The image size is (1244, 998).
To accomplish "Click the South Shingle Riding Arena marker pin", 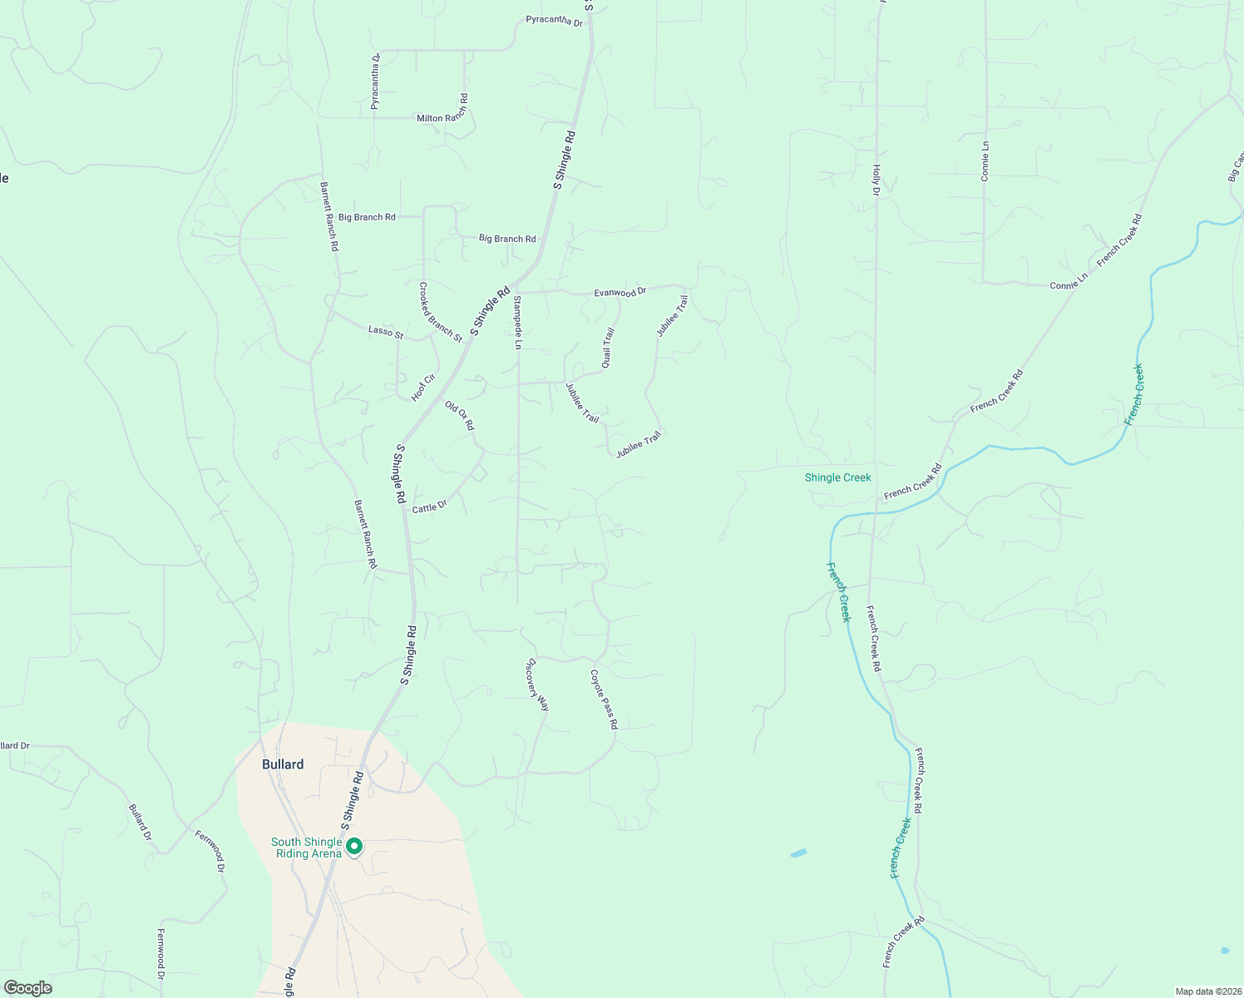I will (x=354, y=847).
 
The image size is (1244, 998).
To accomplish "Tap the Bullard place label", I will (x=283, y=764).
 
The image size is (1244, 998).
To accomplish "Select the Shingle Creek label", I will (x=837, y=477).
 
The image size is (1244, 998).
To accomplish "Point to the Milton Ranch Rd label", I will (x=442, y=117).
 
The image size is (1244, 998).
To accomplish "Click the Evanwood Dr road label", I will (x=620, y=293).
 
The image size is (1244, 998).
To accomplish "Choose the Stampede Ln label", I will (x=517, y=322).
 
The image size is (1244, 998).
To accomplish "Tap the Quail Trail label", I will (x=608, y=348).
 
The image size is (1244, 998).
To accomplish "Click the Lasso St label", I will (x=386, y=333).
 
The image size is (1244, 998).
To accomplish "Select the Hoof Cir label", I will (x=423, y=388).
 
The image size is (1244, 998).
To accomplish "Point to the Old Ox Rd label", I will (x=459, y=416).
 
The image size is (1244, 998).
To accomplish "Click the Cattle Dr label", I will (x=429, y=507).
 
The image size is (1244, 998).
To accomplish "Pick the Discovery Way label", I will (x=538, y=684).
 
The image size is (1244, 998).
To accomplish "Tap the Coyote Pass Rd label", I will (x=605, y=699).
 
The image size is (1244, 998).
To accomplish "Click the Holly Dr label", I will (x=876, y=180).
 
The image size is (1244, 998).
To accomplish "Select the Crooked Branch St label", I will (x=440, y=312).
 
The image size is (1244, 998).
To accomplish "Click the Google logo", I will (x=28, y=988).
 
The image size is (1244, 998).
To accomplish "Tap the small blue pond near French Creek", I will (x=798, y=853).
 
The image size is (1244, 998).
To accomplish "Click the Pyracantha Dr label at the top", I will (x=555, y=21).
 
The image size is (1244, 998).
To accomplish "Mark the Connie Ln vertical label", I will (x=985, y=161).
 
